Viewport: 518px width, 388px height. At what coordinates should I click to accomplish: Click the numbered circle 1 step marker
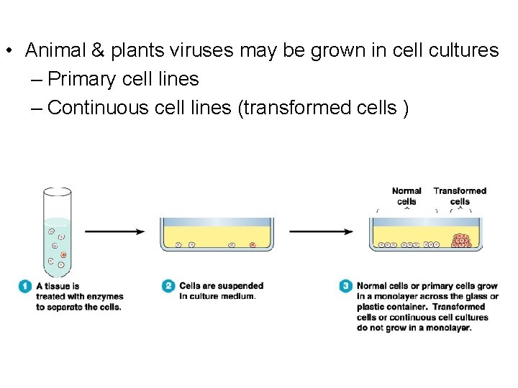[24, 286]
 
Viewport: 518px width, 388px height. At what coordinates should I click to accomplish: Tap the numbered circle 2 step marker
[168, 286]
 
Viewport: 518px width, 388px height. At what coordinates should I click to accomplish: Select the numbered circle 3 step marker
[346, 286]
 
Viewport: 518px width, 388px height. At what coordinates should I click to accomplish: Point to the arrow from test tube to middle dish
[115, 231]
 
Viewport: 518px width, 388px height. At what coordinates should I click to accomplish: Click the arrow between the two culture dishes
[321, 231]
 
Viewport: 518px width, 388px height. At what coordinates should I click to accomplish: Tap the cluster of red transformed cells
[460, 241]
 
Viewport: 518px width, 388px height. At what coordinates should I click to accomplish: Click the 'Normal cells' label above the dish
[406, 196]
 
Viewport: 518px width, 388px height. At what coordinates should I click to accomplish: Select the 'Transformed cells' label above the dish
[460, 196]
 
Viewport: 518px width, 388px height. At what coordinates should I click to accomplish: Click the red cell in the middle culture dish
[253, 245]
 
